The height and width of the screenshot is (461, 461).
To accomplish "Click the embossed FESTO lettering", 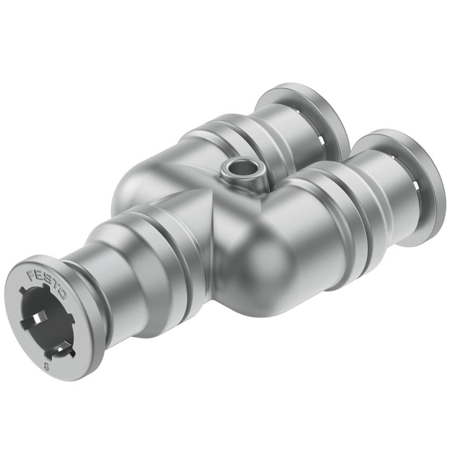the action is [47, 284].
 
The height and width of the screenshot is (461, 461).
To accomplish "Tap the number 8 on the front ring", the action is [46, 366].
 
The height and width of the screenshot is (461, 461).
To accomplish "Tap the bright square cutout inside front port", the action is [37, 318].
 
